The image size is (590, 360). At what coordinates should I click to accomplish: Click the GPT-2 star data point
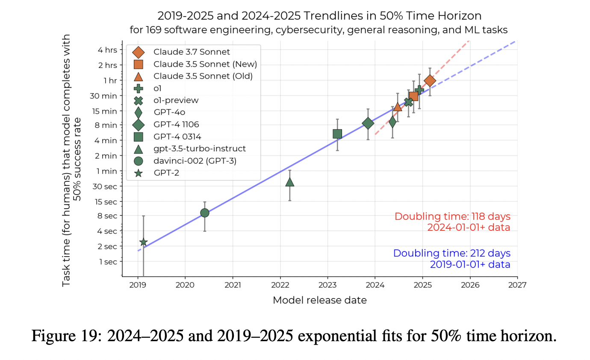click(x=143, y=242)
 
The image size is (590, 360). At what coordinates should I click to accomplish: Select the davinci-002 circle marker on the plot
click(x=205, y=213)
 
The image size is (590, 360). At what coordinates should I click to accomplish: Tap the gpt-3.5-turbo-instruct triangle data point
click(x=290, y=182)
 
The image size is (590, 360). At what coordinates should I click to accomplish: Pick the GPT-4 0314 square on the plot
click(x=337, y=134)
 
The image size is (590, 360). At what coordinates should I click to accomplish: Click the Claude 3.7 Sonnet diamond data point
click(x=430, y=81)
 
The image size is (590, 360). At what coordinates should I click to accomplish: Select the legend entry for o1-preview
click(x=176, y=100)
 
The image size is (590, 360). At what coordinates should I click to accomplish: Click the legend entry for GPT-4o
click(x=168, y=112)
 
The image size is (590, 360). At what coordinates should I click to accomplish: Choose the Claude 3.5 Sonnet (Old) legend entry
click(x=203, y=76)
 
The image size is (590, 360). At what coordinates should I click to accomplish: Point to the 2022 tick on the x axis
click(x=280, y=284)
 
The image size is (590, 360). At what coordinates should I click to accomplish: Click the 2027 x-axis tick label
click(x=517, y=284)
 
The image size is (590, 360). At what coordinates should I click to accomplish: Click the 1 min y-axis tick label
click(x=107, y=171)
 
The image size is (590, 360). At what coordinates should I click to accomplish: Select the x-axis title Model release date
click(x=319, y=300)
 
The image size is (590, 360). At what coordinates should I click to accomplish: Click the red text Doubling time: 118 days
click(x=452, y=216)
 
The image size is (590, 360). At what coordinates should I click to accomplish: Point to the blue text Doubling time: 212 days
click(x=451, y=253)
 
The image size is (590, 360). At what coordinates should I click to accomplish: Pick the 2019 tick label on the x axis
click(x=138, y=284)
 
